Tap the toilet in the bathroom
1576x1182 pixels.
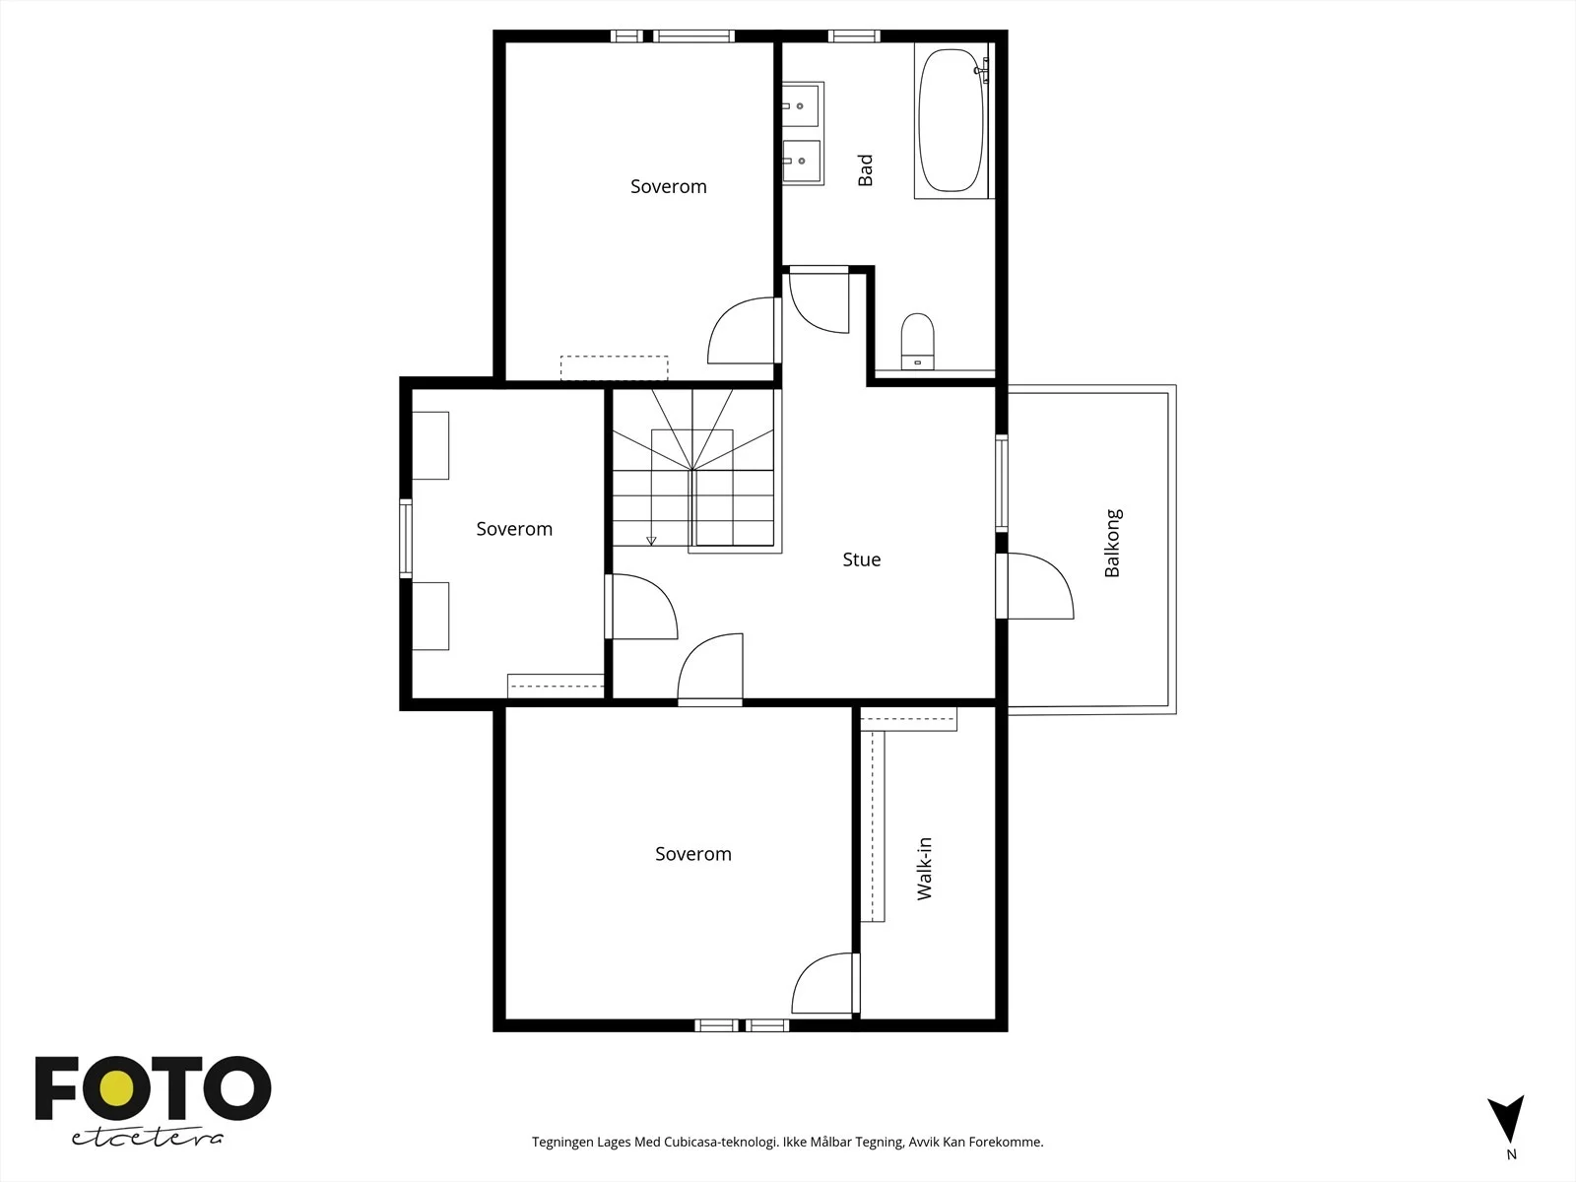(x=918, y=341)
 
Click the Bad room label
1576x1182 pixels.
(x=865, y=170)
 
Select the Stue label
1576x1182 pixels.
(x=862, y=559)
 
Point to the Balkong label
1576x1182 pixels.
(x=1112, y=543)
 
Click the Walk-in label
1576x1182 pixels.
(x=924, y=869)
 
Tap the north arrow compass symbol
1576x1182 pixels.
(x=1505, y=1119)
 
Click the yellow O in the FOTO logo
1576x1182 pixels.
(x=116, y=1088)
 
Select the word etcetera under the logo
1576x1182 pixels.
(x=147, y=1139)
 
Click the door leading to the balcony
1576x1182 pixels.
(x=1034, y=586)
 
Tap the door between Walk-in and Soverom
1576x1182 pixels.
(x=825, y=983)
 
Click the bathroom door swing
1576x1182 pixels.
(x=820, y=300)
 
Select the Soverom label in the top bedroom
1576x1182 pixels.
(x=669, y=186)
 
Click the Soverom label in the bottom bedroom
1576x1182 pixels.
(x=692, y=854)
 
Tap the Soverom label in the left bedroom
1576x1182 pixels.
(x=514, y=529)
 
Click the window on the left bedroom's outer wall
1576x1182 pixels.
(x=406, y=538)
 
